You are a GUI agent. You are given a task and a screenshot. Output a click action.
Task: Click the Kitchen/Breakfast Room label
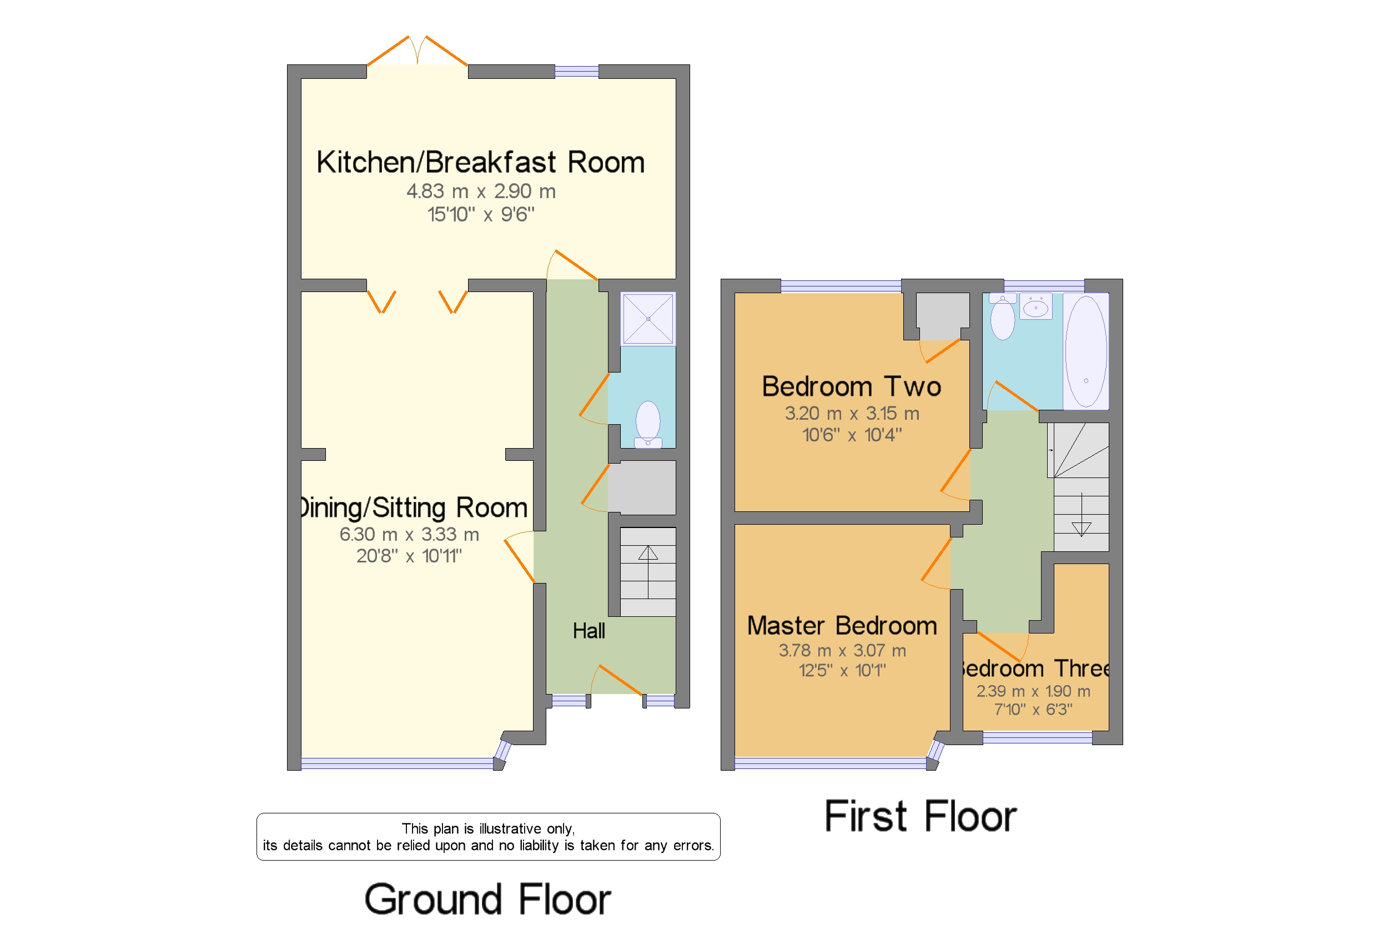tap(480, 162)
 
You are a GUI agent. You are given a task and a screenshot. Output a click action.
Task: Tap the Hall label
tap(588, 631)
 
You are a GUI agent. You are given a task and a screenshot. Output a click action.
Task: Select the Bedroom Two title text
tap(851, 386)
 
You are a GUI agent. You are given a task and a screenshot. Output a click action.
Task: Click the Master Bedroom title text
tap(842, 625)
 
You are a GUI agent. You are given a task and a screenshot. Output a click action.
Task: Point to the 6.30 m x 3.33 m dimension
tap(409, 534)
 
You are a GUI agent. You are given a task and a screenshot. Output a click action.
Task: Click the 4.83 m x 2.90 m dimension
tap(481, 191)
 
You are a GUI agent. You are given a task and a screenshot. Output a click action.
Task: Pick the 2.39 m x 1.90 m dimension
tap(1033, 691)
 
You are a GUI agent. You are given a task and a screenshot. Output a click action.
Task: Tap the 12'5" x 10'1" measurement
tap(842, 670)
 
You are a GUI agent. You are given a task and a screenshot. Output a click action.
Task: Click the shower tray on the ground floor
tap(648, 319)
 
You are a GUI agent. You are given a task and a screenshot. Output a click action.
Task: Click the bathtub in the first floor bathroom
tap(1085, 351)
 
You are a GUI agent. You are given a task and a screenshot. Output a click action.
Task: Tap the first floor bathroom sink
tap(1035, 306)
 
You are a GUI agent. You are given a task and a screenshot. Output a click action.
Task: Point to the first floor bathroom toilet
tap(1002, 316)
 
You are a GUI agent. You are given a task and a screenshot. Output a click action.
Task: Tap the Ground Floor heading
tap(488, 899)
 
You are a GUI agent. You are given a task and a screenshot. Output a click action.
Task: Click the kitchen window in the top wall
tap(576, 72)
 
